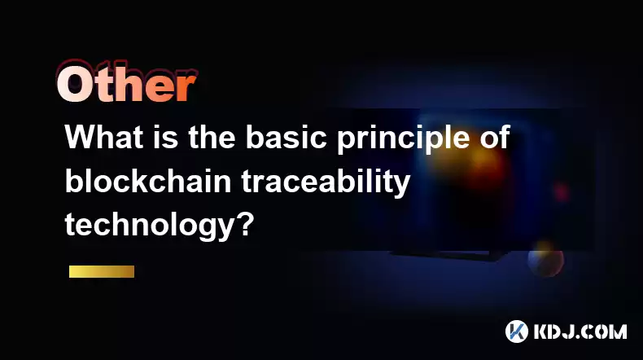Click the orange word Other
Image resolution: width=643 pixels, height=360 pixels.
126,82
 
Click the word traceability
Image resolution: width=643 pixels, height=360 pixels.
326,182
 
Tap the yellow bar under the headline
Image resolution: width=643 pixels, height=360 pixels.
102,272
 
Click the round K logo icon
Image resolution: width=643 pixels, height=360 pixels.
517,331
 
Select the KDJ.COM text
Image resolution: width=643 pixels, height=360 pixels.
580,331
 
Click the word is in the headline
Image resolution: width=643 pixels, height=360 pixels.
166,137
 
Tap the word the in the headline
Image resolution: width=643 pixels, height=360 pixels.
212,137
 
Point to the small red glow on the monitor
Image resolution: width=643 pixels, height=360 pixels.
561,192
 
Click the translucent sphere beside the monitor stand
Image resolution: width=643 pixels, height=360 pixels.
545,259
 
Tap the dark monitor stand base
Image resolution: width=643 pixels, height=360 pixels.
447,255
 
